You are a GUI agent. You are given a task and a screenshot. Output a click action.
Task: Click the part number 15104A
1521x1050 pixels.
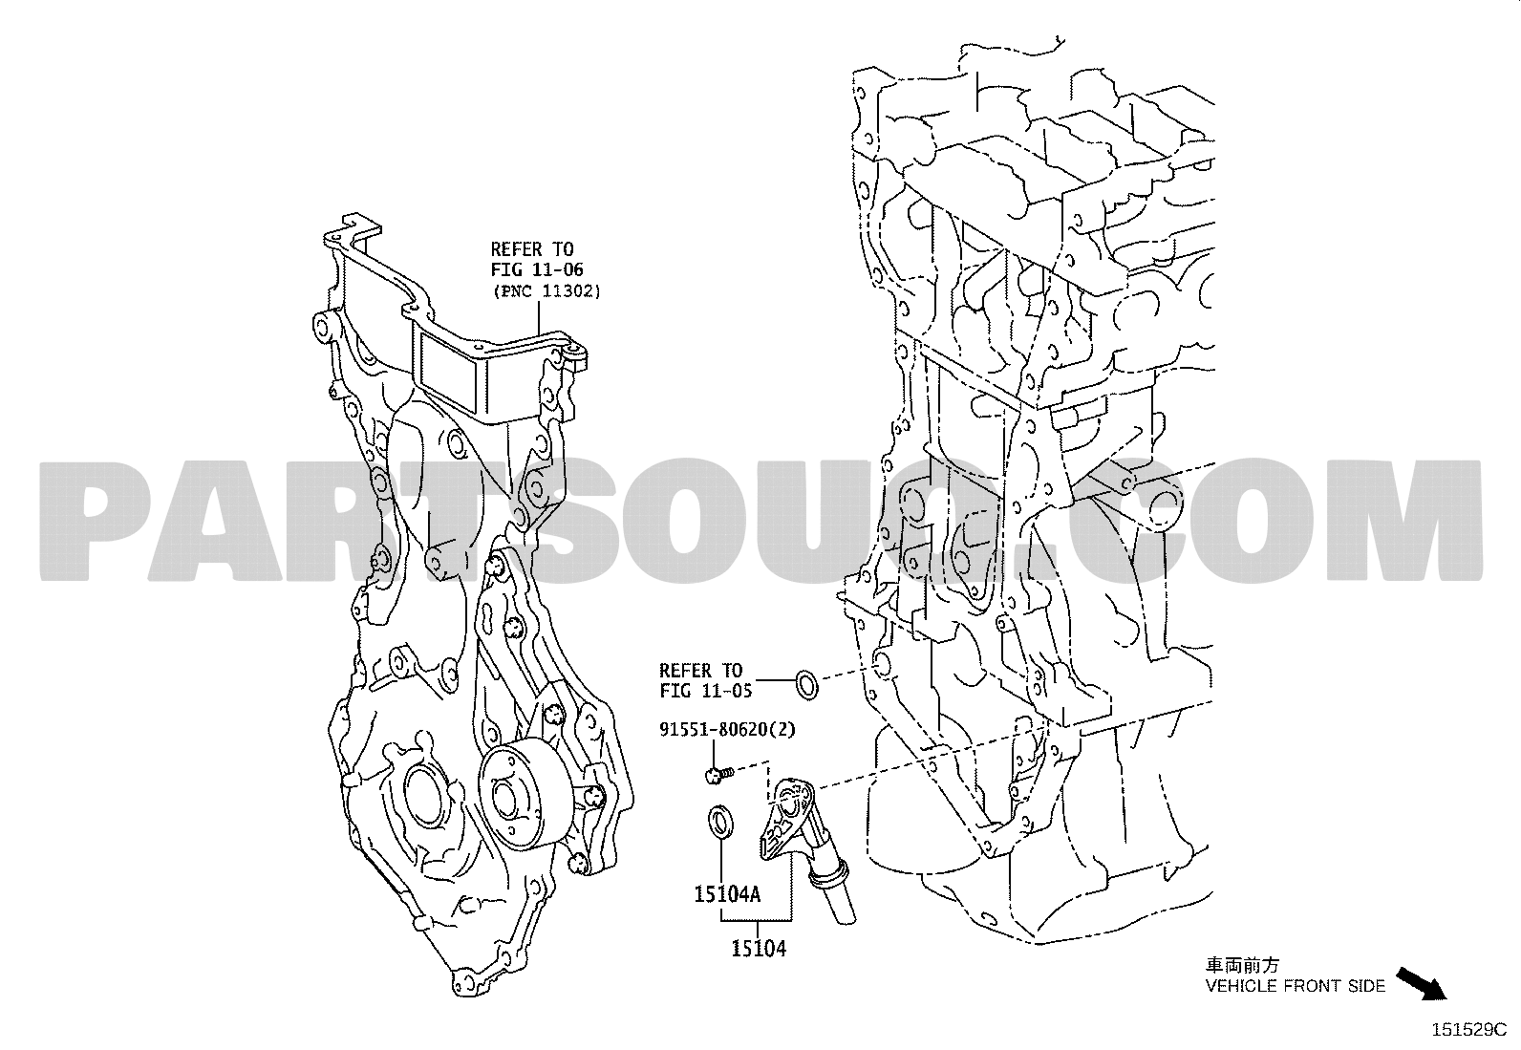(x=726, y=894)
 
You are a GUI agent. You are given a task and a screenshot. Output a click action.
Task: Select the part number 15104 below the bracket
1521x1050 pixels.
(x=759, y=948)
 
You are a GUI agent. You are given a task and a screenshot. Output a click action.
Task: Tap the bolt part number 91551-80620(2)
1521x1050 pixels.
(x=727, y=729)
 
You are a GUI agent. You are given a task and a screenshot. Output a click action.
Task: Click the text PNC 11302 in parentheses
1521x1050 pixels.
(x=546, y=291)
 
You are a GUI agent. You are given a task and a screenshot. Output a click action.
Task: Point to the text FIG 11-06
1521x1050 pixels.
(x=537, y=269)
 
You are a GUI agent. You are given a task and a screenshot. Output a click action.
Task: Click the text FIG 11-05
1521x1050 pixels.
(x=705, y=691)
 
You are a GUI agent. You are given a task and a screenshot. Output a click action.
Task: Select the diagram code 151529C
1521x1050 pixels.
(x=1468, y=1030)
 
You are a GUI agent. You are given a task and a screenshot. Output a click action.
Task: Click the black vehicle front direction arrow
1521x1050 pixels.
(x=1422, y=984)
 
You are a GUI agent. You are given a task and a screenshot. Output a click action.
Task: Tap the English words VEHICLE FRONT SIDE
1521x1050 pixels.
(x=1295, y=985)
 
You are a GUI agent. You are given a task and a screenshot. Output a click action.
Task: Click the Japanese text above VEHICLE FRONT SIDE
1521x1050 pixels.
(x=1242, y=964)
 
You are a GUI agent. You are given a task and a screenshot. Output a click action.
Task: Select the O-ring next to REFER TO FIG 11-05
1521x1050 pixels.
(x=806, y=685)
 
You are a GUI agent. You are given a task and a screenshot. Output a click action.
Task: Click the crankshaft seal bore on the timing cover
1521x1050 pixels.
(x=424, y=798)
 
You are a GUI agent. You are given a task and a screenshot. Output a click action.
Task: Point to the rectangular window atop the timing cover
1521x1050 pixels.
(x=449, y=372)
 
